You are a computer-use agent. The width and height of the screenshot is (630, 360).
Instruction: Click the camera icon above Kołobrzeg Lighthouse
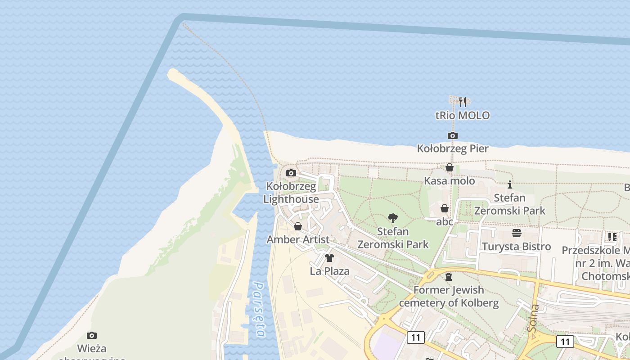(x=291, y=173)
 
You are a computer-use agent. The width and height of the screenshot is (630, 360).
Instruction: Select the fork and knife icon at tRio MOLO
(x=462, y=102)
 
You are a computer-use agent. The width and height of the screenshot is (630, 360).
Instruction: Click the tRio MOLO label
(x=462, y=116)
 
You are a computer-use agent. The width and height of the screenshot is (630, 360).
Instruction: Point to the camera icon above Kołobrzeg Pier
(x=453, y=135)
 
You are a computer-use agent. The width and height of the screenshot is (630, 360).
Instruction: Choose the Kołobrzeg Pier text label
(x=453, y=148)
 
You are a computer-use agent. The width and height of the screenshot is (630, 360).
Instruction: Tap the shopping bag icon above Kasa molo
(x=449, y=168)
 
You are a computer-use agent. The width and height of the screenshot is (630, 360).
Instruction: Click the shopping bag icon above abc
(x=445, y=208)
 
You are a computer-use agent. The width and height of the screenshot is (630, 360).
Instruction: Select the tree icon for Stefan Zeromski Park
(x=393, y=219)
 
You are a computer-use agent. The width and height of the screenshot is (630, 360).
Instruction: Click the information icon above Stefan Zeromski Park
(x=510, y=184)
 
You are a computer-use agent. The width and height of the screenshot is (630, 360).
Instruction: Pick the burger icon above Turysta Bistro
(x=517, y=233)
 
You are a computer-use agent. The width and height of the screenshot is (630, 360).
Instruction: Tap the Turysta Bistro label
(x=517, y=247)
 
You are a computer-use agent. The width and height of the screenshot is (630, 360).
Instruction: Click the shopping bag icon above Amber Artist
(x=298, y=226)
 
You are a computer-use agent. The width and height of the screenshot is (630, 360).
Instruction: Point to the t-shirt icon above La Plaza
(x=329, y=258)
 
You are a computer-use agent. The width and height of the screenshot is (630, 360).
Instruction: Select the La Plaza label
(x=329, y=271)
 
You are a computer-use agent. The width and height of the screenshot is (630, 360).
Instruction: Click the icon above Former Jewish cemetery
(x=448, y=277)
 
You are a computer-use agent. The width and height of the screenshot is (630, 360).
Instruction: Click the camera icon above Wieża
(x=92, y=335)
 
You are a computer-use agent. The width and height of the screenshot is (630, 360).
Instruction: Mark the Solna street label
(x=534, y=318)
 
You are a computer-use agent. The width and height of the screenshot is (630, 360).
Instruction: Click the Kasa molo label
(x=449, y=181)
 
